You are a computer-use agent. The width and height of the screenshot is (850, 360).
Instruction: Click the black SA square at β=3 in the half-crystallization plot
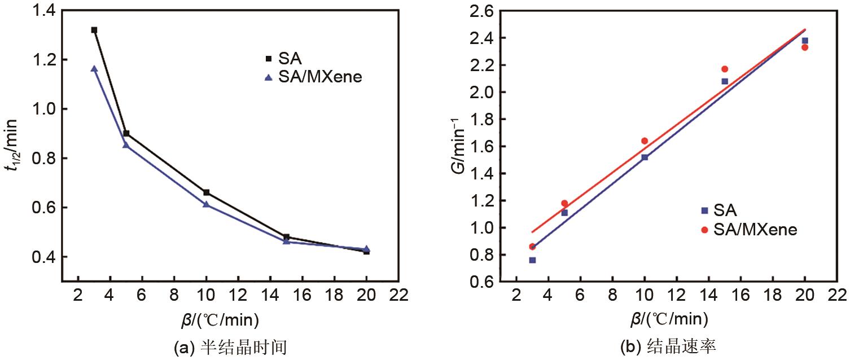coord(94,30)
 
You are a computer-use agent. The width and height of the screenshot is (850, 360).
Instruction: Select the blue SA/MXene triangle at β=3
coord(94,69)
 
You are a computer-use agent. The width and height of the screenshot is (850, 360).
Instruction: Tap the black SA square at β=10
coord(206,192)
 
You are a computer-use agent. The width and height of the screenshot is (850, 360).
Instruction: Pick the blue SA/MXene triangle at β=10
coord(206,204)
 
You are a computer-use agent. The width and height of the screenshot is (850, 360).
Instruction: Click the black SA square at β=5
coord(126,134)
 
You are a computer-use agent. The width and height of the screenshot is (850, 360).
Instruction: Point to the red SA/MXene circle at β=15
coord(725,69)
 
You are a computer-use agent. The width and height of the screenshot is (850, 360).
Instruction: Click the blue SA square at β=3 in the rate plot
coord(532,260)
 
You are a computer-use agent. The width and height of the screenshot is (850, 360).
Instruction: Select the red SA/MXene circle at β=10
coord(645,141)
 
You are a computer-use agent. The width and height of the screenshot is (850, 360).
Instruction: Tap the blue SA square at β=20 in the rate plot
coord(805,41)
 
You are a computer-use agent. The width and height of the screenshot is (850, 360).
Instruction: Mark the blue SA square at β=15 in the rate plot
coord(725,81)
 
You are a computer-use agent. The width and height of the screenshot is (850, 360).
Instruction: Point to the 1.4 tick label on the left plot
coord(43,10)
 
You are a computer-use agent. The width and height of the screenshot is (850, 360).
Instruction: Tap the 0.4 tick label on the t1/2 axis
coord(43,257)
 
